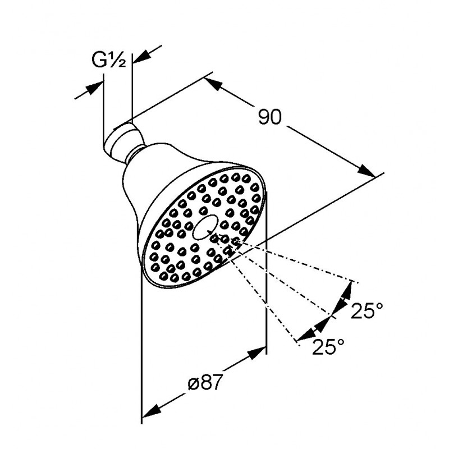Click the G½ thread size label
(108, 61)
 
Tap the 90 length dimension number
(270, 117)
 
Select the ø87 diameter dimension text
(205, 383)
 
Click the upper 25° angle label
(367, 310)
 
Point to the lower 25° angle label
(328, 346)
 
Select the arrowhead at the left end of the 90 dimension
(213, 83)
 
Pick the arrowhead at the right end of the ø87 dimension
(257, 352)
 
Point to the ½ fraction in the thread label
(118, 61)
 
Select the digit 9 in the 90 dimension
(264, 117)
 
